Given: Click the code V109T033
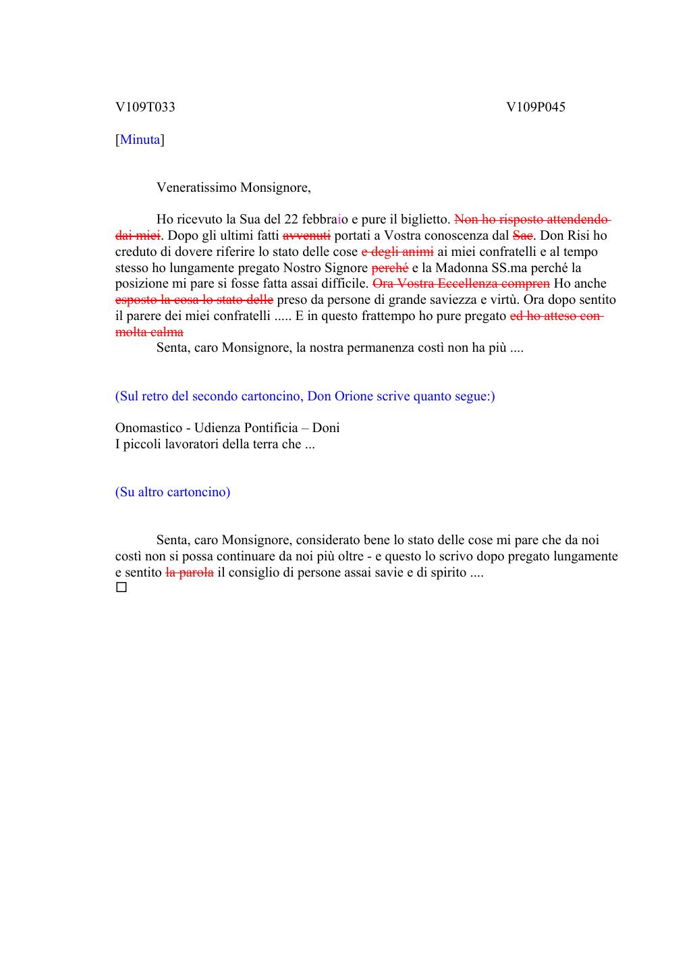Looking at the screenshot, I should (x=145, y=107).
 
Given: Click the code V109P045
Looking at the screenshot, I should (x=536, y=107).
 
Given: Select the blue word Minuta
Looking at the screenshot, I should (x=140, y=140).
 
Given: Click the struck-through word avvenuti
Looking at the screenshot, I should (x=306, y=236).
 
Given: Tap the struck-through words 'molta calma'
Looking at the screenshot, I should (x=149, y=332).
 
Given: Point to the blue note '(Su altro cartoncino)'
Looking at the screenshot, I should (x=173, y=492).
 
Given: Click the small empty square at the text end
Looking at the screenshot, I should (x=121, y=588).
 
